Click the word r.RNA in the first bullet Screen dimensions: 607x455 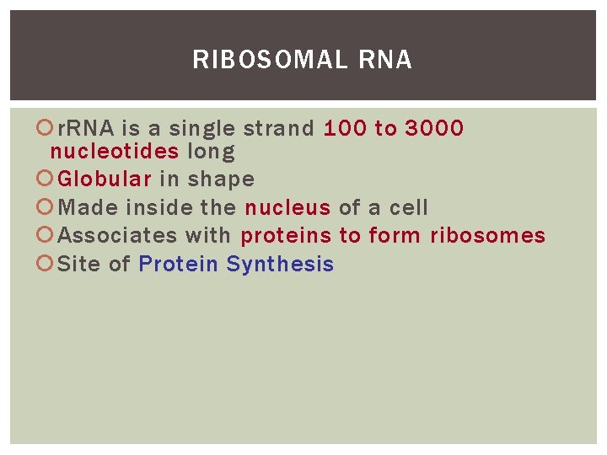point(87,128)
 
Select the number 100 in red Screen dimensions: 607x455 point(346,128)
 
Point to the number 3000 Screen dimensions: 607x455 point(434,128)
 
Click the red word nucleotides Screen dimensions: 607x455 point(115,152)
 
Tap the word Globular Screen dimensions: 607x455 point(105,179)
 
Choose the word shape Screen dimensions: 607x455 point(221,179)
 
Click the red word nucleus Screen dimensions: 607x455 point(287,207)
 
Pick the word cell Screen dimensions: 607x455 point(409,207)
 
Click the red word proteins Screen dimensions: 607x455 point(286,236)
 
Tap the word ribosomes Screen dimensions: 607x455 point(487,236)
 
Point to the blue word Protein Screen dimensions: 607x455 point(179,265)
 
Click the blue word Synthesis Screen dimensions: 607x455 point(280,265)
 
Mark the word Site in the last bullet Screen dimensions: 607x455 point(79,265)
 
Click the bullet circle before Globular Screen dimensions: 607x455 point(49,179)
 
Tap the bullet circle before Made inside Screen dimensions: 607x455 point(49,207)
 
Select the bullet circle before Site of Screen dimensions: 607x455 point(49,265)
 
